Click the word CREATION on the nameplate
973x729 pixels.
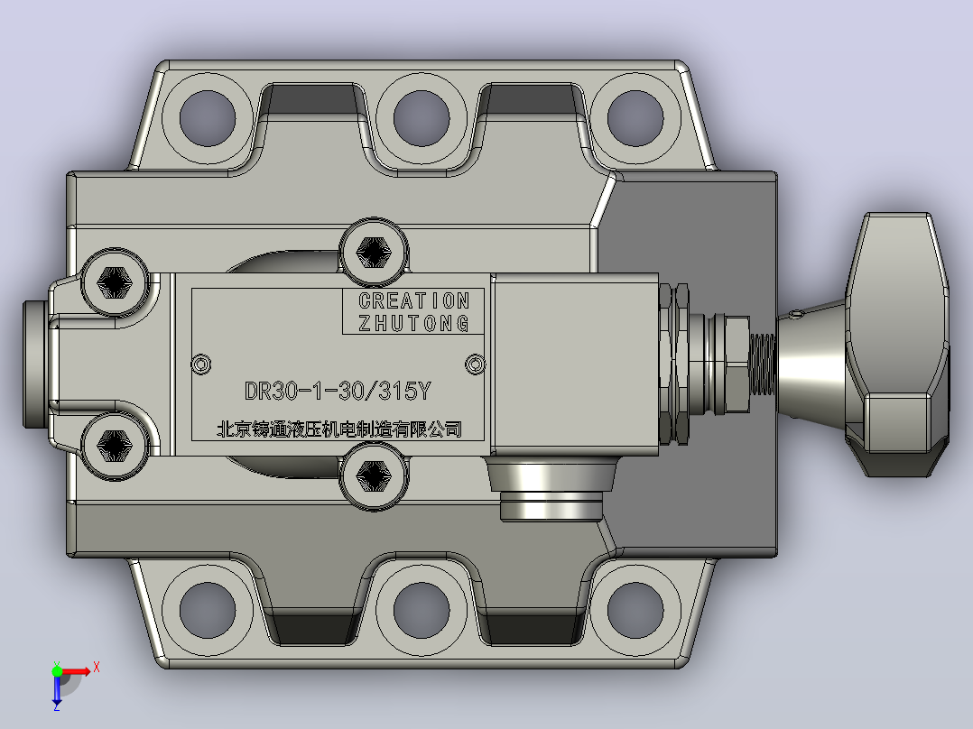(x=414, y=301)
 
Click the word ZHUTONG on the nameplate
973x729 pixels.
(x=414, y=323)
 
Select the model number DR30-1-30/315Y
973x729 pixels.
(x=338, y=391)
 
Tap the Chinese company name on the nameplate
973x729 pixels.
(x=338, y=429)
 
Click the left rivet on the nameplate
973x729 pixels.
(x=201, y=364)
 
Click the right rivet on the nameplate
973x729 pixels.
(x=476, y=364)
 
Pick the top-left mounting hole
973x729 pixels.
(x=208, y=118)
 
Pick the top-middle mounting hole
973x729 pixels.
(x=422, y=118)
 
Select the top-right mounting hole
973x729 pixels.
(x=635, y=118)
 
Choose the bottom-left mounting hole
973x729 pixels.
(x=208, y=610)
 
